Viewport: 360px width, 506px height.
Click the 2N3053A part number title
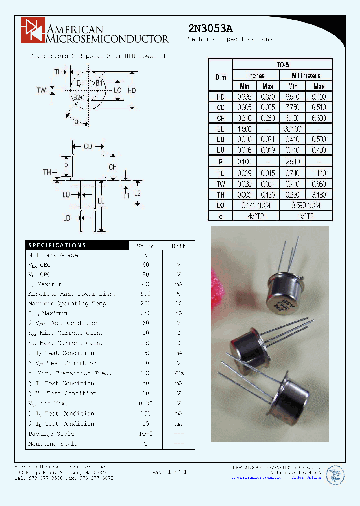(210, 28)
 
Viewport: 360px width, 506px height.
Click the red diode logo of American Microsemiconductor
(33, 29)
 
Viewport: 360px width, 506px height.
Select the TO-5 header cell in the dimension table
(282, 64)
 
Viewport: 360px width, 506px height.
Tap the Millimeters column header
(306, 76)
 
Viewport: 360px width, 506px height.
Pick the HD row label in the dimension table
(220, 97)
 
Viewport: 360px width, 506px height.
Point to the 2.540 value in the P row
(293, 162)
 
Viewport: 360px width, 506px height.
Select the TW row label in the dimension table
(220, 183)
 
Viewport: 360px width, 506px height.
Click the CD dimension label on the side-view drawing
(88, 146)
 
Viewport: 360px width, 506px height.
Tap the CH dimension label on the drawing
(113, 167)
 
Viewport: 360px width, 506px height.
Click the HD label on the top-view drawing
(132, 90)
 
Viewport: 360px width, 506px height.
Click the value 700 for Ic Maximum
(146, 284)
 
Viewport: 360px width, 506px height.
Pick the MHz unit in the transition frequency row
(178, 373)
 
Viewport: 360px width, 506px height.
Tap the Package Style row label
(51, 434)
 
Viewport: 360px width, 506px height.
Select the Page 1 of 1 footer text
(170, 472)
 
